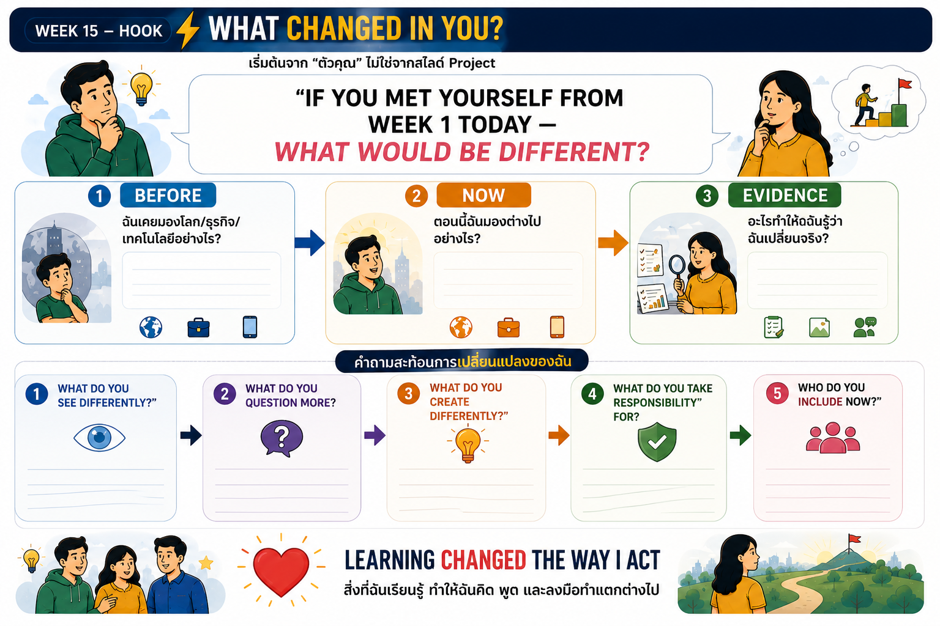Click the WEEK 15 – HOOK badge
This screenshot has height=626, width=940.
[x=98, y=31]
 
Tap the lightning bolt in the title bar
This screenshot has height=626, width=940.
[x=188, y=30]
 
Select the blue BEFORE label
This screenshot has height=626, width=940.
[x=168, y=196]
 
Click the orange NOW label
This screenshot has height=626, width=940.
[x=483, y=196]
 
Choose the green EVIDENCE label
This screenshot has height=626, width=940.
[x=785, y=196]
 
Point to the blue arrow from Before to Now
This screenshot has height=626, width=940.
[x=310, y=243]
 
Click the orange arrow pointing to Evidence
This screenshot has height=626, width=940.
[x=613, y=243]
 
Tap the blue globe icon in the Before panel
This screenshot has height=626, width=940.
[x=151, y=327]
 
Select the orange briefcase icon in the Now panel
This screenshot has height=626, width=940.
[x=508, y=328]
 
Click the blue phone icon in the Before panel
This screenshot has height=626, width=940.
[x=250, y=327]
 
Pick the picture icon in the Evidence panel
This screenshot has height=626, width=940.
[x=819, y=328]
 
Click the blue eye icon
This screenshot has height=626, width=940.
[x=100, y=437]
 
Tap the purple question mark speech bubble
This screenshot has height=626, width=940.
[x=282, y=438]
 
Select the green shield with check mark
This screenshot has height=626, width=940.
[x=657, y=442]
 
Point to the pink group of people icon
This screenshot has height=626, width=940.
[x=833, y=438]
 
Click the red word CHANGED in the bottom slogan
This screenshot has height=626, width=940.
[x=483, y=560]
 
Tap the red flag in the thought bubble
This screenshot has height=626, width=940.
[x=904, y=84]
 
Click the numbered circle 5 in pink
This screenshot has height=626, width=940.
[x=777, y=394]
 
